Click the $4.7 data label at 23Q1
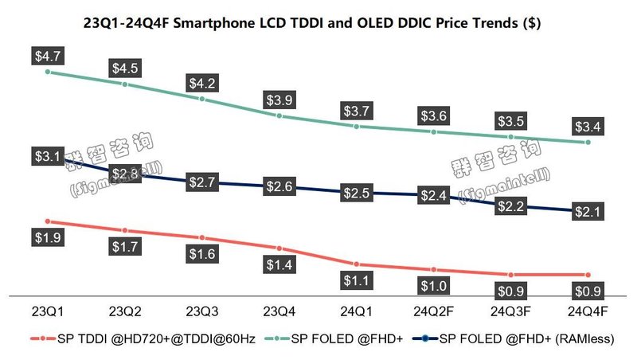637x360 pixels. (x=48, y=56)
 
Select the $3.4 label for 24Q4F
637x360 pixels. (x=588, y=126)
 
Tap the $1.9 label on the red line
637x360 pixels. (x=48, y=237)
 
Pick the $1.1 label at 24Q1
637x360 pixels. (x=355, y=280)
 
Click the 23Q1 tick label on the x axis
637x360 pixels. (x=48, y=308)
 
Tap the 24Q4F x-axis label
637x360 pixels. (x=588, y=308)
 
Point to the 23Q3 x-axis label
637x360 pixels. (x=202, y=308)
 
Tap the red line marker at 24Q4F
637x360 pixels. (x=588, y=275)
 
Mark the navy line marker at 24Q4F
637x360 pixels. (x=588, y=212)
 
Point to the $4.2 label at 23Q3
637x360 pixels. (x=202, y=83)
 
